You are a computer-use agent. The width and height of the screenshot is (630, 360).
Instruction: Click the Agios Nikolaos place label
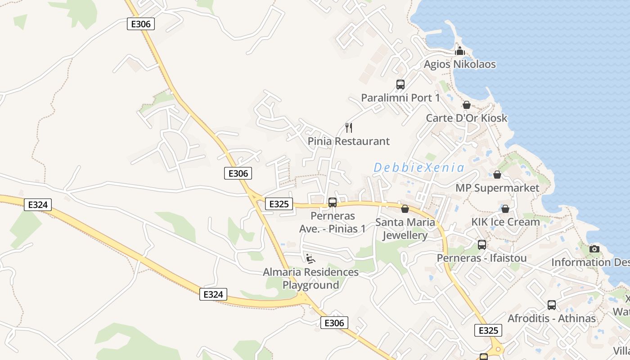[459, 64]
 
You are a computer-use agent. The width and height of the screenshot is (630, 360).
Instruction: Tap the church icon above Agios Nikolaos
[459, 51]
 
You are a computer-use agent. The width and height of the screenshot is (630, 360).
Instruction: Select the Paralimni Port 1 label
[400, 98]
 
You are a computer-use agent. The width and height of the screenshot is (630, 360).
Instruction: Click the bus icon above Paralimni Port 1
[400, 84]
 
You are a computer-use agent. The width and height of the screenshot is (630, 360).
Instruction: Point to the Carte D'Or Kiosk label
[467, 118]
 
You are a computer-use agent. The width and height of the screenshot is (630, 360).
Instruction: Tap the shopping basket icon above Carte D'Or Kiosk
[467, 105]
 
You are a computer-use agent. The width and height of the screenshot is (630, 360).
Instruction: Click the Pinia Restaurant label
[348, 141]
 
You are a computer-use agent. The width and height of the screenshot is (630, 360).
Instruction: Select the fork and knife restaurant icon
[348, 128]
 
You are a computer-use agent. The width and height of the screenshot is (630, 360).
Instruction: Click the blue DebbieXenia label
[418, 168]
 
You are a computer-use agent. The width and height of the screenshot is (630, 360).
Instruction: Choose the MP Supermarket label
[497, 188]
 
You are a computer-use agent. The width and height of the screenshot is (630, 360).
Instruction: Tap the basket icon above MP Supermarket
[497, 174]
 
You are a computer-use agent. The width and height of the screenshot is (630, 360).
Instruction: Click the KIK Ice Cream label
[505, 222]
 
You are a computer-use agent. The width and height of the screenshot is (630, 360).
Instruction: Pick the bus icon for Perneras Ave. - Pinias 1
[332, 202]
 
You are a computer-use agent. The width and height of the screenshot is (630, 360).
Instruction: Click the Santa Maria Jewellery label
[405, 229]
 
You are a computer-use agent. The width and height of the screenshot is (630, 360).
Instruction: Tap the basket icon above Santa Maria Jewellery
[405, 209]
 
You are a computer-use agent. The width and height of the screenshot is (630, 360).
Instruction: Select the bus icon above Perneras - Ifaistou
[481, 245]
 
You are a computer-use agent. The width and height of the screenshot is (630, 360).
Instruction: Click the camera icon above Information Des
[594, 249]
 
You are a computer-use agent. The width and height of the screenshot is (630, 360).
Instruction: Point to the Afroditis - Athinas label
[551, 319]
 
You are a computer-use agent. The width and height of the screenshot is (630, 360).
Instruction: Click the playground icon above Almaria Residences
[310, 258]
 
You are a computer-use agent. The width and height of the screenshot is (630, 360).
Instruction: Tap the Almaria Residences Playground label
[310, 279]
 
